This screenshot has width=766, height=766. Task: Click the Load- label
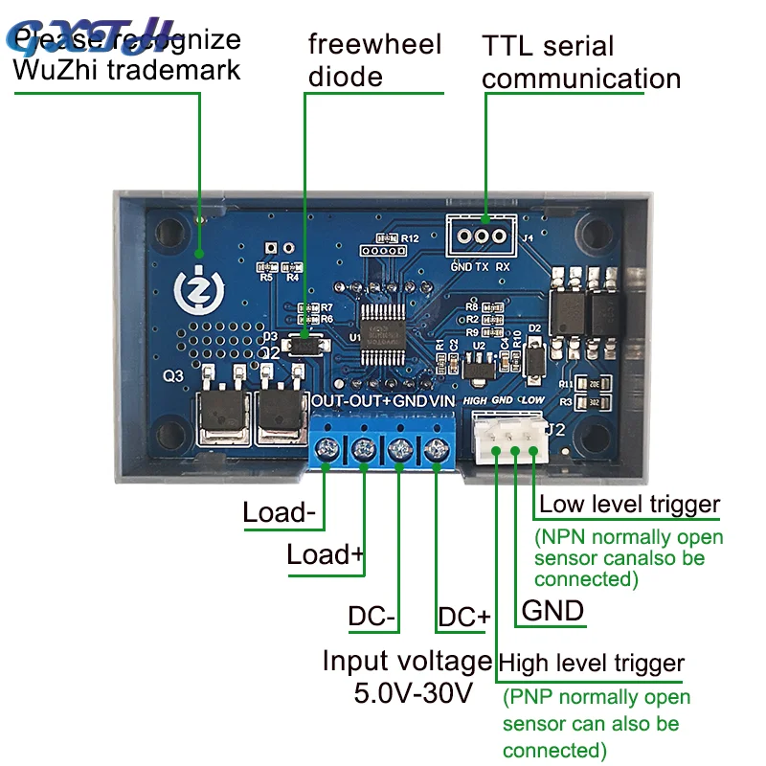click(279, 511)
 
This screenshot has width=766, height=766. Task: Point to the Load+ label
click(326, 554)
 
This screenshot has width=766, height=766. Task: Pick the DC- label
click(372, 617)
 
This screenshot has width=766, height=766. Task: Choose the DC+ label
click(463, 617)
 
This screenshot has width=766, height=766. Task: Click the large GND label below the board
click(552, 610)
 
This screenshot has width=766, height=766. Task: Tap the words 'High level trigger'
click(593, 663)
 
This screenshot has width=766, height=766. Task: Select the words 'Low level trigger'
click(630, 505)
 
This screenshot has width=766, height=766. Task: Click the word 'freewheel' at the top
click(374, 44)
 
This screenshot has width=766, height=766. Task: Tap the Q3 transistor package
click(227, 412)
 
